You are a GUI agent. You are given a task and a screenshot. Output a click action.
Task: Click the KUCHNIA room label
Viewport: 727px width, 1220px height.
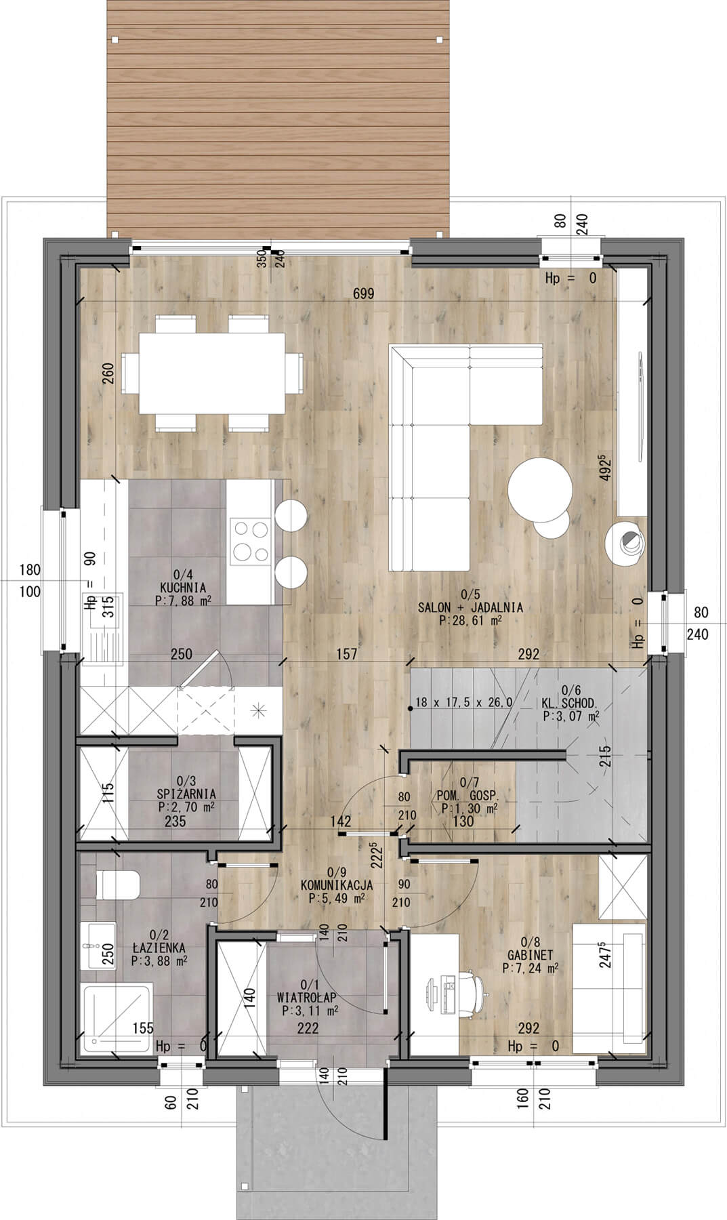click(183, 588)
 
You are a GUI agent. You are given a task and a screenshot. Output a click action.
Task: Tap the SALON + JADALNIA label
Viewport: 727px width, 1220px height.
click(470, 607)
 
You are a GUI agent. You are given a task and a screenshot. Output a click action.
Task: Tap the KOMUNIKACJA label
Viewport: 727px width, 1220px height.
click(337, 884)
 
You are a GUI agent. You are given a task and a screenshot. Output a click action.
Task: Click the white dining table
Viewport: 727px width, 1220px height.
click(212, 373)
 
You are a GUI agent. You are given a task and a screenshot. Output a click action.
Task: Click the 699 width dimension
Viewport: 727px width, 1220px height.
click(364, 294)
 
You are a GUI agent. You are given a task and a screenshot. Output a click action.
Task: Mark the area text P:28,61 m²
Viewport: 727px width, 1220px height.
click(470, 620)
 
